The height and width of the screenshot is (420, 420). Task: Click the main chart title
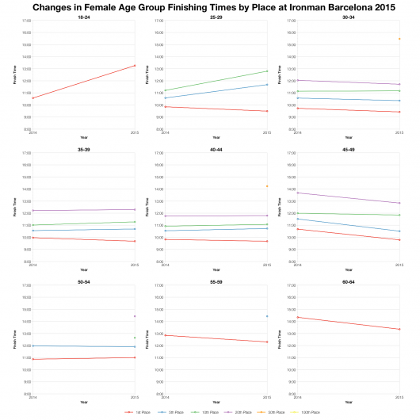(x=210, y=6)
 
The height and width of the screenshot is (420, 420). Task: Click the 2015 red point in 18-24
(x=135, y=65)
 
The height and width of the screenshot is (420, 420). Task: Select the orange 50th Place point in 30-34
(x=399, y=39)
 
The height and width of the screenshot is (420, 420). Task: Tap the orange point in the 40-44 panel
(x=267, y=186)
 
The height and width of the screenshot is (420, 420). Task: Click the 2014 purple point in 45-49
(x=297, y=193)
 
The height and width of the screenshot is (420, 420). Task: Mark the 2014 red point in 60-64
(x=297, y=317)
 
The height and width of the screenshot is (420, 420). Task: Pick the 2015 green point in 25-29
(x=267, y=71)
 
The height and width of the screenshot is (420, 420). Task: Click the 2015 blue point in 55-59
(x=267, y=316)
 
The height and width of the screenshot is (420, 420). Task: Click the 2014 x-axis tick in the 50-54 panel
(x=33, y=398)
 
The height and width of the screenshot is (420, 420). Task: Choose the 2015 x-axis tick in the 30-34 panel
(x=399, y=133)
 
